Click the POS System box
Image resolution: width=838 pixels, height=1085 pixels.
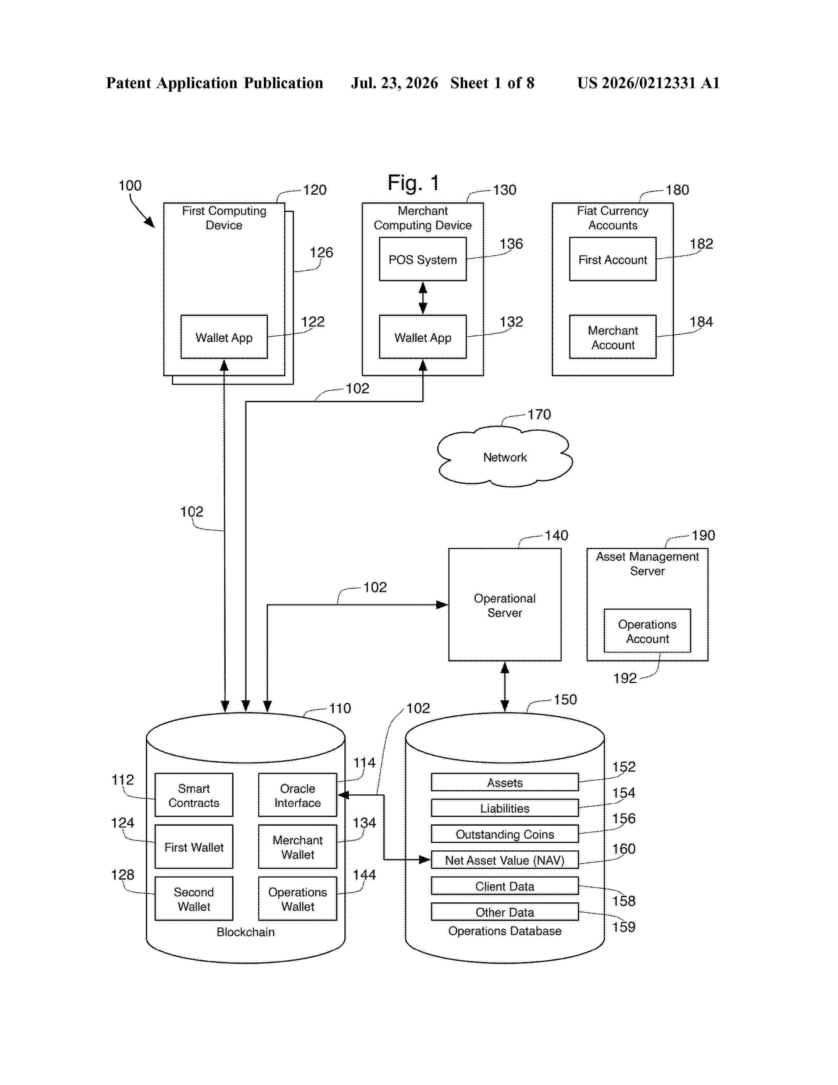[x=423, y=259]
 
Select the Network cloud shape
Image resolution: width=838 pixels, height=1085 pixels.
[x=504, y=457]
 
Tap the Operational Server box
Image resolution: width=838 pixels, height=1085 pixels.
[x=504, y=605]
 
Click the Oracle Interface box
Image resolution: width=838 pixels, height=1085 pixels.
[x=297, y=795]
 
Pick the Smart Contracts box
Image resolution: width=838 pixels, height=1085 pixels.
[x=194, y=795]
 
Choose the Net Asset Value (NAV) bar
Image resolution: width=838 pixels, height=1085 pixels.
[x=504, y=860]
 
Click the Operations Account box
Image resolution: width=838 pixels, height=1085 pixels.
[x=647, y=631]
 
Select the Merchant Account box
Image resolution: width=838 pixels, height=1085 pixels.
[x=613, y=337]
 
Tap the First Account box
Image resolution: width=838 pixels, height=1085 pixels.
[x=613, y=259]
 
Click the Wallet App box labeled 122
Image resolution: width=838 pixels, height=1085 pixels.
[x=224, y=337]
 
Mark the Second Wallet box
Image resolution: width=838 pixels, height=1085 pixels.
[x=194, y=899]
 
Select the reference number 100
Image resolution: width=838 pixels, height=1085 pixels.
[x=130, y=186]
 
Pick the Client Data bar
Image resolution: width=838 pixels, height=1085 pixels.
[x=504, y=886]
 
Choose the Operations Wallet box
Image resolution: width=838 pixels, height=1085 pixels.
[x=297, y=899]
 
